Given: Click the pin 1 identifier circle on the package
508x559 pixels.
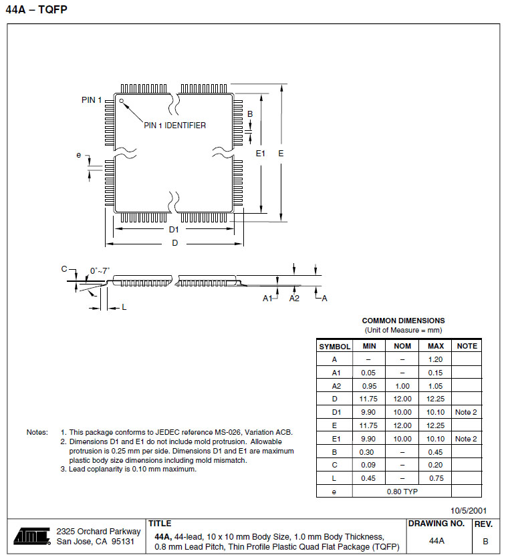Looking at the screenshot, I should (x=122, y=102).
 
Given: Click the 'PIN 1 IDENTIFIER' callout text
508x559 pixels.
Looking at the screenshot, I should (x=175, y=126).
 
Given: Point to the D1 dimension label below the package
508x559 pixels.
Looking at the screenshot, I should (x=174, y=229).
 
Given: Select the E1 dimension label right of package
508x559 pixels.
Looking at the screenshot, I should (x=261, y=154).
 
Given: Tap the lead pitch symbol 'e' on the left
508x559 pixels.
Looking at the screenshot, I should (x=79, y=156).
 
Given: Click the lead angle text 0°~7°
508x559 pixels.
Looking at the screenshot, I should (x=100, y=270).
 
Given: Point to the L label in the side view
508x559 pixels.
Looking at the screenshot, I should (x=124, y=307).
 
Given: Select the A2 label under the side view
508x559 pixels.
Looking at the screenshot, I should (x=295, y=299).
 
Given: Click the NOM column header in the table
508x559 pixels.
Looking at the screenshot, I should (x=402, y=347).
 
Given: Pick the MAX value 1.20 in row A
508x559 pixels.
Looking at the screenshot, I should (x=435, y=359).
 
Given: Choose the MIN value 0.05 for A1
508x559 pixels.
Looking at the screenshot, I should (x=369, y=373).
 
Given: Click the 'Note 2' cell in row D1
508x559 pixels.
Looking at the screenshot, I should (x=466, y=412).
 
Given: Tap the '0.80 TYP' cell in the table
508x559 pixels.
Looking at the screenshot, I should (x=402, y=491).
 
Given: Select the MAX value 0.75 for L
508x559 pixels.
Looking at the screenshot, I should (x=435, y=478).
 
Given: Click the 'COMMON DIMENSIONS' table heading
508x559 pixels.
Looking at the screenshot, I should (x=403, y=321).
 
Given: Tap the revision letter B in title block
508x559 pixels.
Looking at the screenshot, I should (x=485, y=540).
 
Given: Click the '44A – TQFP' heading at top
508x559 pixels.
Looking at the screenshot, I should (x=36, y=10).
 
